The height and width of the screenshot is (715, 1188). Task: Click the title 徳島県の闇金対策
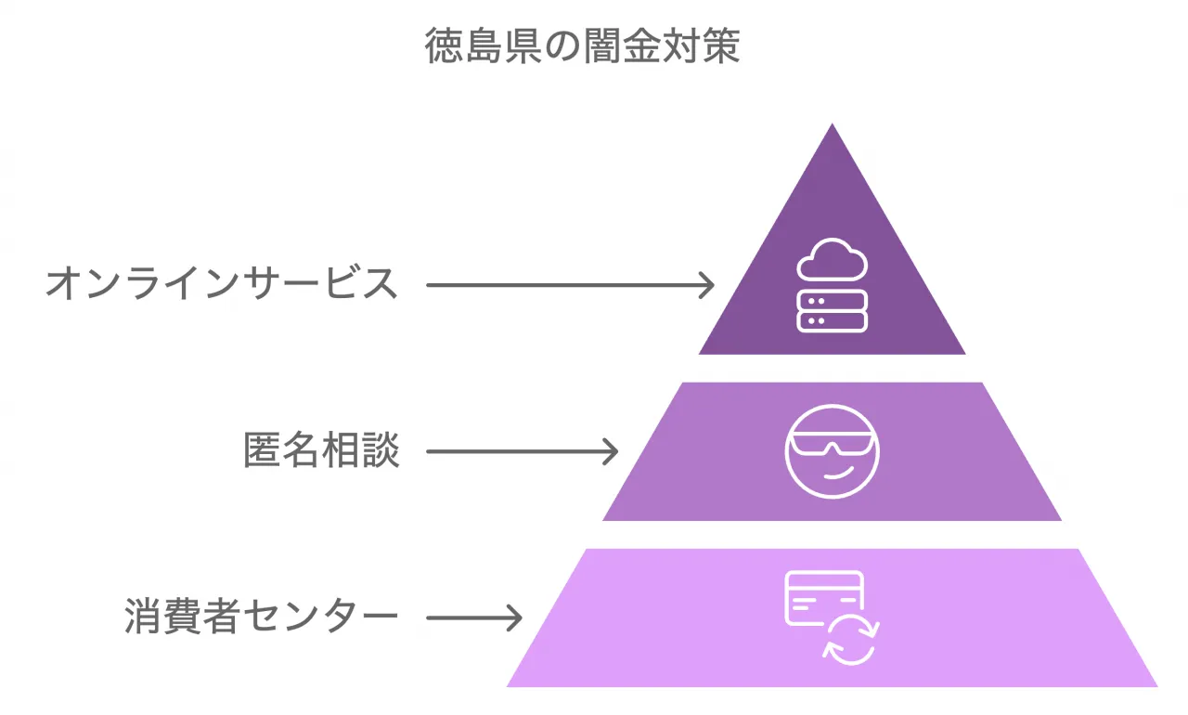[x=583, y=45]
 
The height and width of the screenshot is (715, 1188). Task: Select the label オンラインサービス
[x=222, y=284]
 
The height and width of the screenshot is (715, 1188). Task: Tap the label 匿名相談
[x=321, y=451]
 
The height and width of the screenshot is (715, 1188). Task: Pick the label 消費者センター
[x=262, y=617]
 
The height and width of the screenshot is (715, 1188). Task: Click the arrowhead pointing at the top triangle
[x=707, y=285]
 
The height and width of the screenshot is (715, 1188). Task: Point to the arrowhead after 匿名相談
[x=610, y=452]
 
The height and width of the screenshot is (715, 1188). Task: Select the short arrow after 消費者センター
[x=473, y=617]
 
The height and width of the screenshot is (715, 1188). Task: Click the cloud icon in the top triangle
[x=832, y=261]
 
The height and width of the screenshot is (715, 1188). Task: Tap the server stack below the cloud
[x=832, y=310]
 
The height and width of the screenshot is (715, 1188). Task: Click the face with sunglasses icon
[x=832, y=451]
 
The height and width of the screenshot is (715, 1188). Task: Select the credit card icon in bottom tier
[x=822, y=598]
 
